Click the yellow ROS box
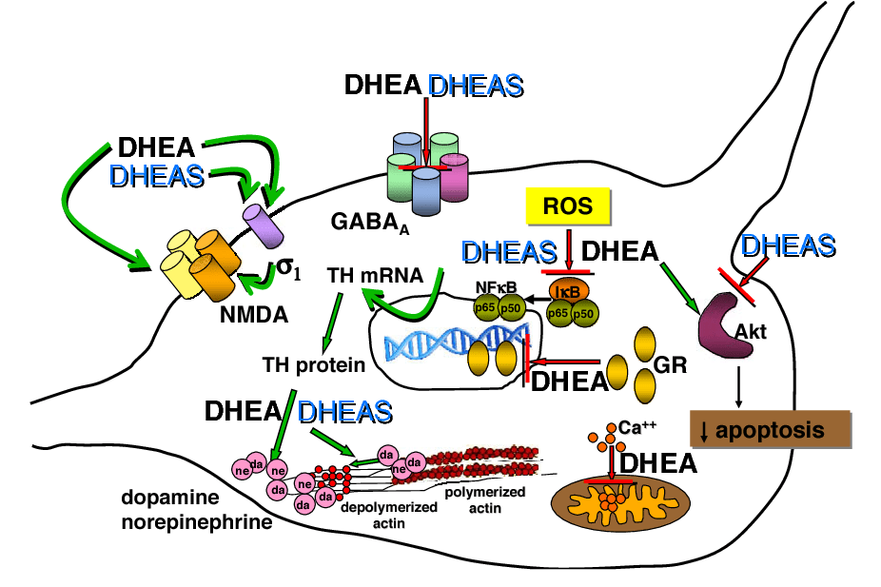568,205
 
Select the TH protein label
314,363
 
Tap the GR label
671,364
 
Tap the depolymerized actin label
389,514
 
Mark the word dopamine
170,499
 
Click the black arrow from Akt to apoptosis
738,384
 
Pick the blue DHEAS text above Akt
788,245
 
